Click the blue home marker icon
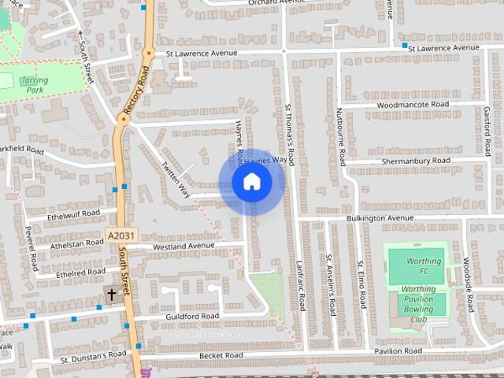coord(251,182)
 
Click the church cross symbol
coord(112,295)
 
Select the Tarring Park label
coord(34,85)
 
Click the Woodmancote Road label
coord(413,105)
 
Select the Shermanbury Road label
coord(414,161)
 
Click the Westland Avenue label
coord(183,246)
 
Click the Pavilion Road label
coord(398,350)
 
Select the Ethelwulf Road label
coord(73,213)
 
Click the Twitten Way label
coord(176,180)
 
